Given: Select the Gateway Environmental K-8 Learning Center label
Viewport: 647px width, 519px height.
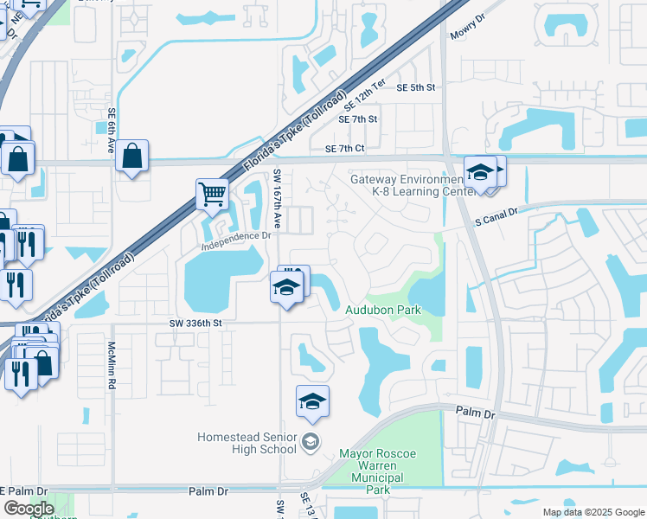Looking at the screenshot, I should coord(407,186).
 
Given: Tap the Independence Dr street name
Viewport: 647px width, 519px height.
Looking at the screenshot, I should coord(236,234).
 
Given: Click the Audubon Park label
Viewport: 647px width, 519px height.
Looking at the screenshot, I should coord(383,309).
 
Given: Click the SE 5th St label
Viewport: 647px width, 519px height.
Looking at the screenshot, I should coord(416,87).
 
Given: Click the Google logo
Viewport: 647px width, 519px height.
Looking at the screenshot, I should coord(29,508).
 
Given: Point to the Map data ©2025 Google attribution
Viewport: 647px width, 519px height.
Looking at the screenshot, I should coord(593,512).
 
